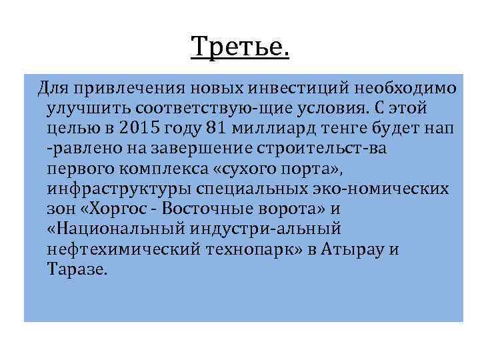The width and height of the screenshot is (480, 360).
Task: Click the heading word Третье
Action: (240, 47)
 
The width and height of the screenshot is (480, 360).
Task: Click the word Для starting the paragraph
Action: (52, 87)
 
